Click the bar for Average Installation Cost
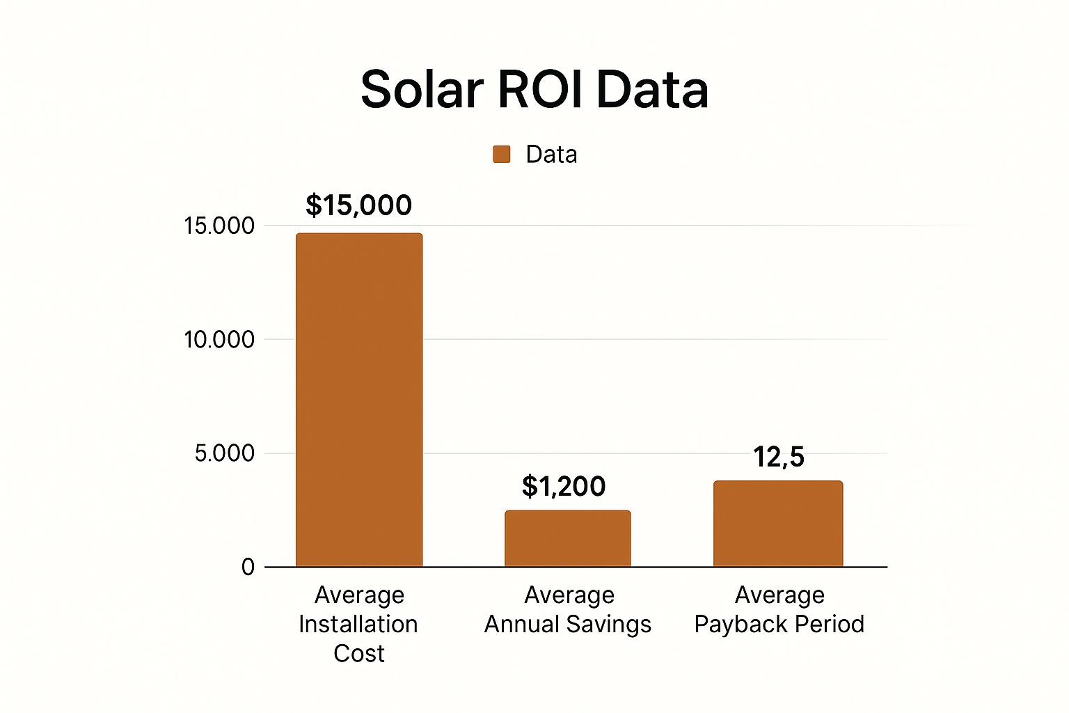click(359, 400)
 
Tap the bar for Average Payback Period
click(778, 524)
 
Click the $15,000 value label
click(359, 205)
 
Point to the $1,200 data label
click(564, 486)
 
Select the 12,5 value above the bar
click(779, 457)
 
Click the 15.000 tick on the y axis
click(219, 226)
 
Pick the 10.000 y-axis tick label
click(219, 340)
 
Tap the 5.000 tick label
click(225, 453)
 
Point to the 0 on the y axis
click(248, 567)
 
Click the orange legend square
click(502, 154)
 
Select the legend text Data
click(551, 154)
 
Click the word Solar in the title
click(422, 90)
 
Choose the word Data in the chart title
click(652, 90)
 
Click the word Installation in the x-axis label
click(358, 624)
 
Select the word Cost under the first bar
click(359, 653)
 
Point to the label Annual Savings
click(568, 624)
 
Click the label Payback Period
click(779, 624)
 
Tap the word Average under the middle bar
click(569, 595)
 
